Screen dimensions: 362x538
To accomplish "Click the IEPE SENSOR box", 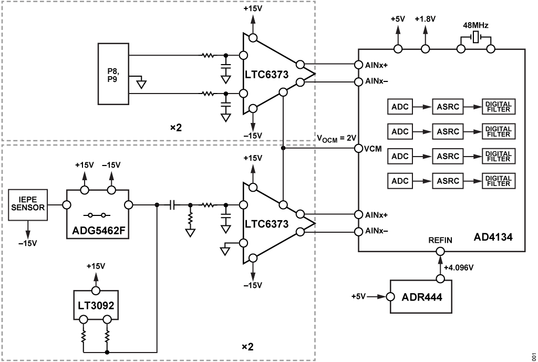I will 28,206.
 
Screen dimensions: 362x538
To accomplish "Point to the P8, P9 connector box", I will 113,75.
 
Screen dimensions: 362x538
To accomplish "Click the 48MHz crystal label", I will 475,25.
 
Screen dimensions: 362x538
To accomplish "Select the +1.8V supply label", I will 424,19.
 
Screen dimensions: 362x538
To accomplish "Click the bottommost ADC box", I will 400,181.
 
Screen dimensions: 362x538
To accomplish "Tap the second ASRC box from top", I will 448,131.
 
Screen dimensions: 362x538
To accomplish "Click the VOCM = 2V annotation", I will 336,138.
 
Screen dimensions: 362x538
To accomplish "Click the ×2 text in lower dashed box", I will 247,347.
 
